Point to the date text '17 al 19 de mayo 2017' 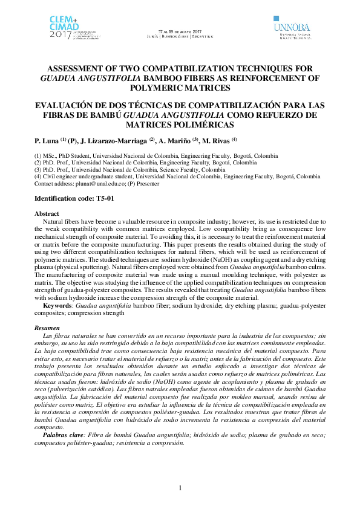pos(180,30)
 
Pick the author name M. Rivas pos(216,141)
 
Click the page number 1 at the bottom pos(180,487)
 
